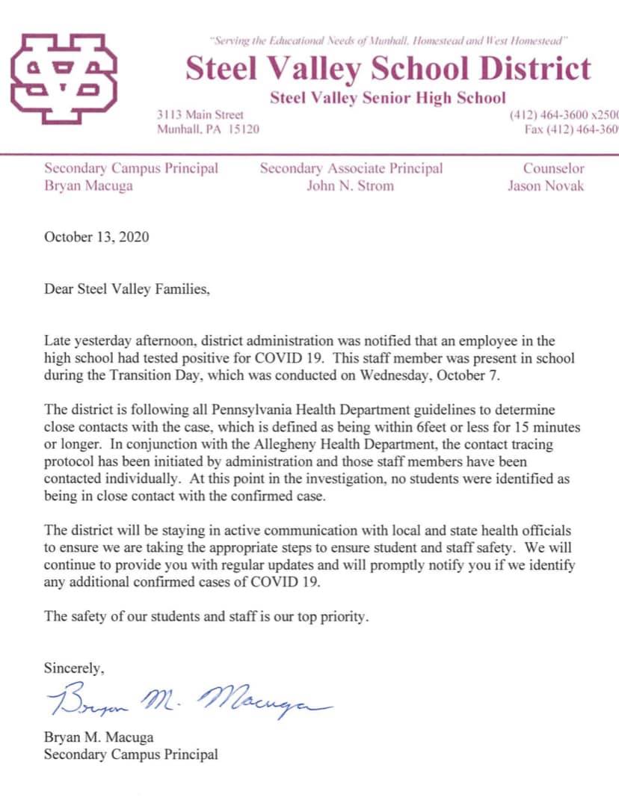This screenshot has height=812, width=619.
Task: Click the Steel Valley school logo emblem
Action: (64, 79)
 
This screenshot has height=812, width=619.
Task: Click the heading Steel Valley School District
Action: (387, 69)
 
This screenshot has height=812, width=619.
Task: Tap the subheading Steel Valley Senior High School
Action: (387, 98)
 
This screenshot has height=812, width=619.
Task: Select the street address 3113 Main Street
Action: (200, 115)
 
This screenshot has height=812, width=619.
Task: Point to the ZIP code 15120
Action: (244, 129)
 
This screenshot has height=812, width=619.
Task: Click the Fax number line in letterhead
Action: (571, 129)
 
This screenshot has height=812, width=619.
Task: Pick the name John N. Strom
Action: (350, 186)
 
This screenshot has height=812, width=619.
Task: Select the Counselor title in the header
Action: (553, 169)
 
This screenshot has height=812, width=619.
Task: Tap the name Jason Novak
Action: (545, 186)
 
